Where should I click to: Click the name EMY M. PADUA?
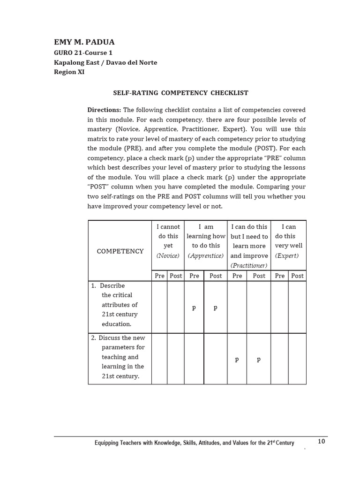pyautogui.click(x=84, y=42)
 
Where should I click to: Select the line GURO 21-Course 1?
pyautogui.click(x=83, y=53)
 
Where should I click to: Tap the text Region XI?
pyautogui.click(x=69, y=72)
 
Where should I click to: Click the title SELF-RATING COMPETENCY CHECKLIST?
pyautogui.click(x=180, y=93)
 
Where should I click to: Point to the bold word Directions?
pyautogui.click(x=104, y=110)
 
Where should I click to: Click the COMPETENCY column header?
pyautogui.click(x=120, y=251)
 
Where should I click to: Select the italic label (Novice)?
pyautogui.click(x=168, y=255)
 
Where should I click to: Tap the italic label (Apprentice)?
pyautogui.click(x=206, y=255)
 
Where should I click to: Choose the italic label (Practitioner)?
pyautogui.click(x=249, y=265)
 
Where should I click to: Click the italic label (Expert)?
pyautogui.click(x=287, y=255)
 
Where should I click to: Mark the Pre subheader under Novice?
pyautogui.click(x=159, y=276)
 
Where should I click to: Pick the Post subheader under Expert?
pyautogui.click(x=297, y=276)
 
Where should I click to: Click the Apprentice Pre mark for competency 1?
pyautogui.click(x=194, y=307)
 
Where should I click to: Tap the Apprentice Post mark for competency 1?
pyautogui.click(x=215, y=307)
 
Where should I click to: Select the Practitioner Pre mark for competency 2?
pyautogui.click(x=237, y=359)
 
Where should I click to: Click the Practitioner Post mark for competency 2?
pyautogui.click(x=258, y=359)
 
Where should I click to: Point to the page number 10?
pyautogui.click(x=321, y=441)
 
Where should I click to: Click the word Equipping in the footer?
pyautogui.click(x=107, y=443)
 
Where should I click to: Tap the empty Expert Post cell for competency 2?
pyautogui.click(x=297, y=359)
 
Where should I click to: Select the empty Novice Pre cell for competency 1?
pyautogui.click(x=159, y=307)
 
